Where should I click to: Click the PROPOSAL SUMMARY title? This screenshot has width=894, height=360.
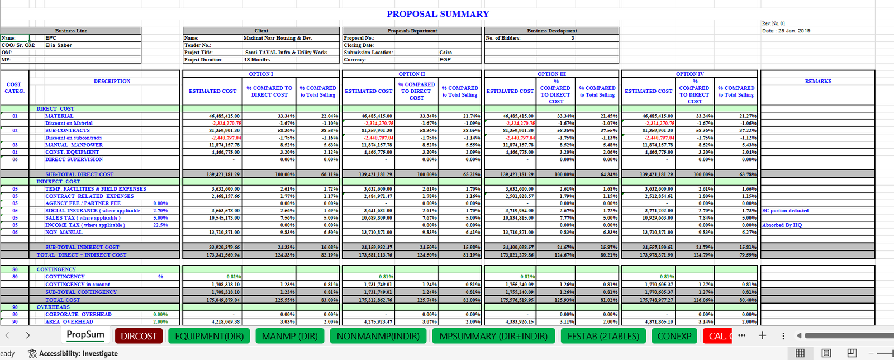pyautogui.click(x=438, y=14)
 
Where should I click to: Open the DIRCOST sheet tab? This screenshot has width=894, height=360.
pyautogui.click(x=139, y=336)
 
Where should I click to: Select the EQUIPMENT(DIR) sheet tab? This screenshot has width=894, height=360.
pyautogui.click(x=210, y=336)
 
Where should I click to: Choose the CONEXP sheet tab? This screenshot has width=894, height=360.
pyautogui.click(x=674, y=336)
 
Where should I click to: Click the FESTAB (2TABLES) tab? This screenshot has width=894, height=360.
pyautogui.click(x=603, y=336)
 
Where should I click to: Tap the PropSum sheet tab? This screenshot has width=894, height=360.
pyautogui.click(x=85, y=335)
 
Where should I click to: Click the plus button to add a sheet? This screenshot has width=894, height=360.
pyautogui.click(x=762, y=335)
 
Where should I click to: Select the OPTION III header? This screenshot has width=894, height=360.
pyautogui.click(x=551, y=74)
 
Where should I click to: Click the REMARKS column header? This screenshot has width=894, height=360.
pyautogui.click(x=818, y=82)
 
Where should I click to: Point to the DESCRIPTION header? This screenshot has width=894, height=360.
pyautogui.click(x=112, y=82)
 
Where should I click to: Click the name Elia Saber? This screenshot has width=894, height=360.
pyautogui.click(x=59, y=45)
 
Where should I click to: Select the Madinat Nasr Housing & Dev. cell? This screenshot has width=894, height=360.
pyautogui.click(x=278, y=38)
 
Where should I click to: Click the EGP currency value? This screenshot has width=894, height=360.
pyautogui.click(x=445, y=60)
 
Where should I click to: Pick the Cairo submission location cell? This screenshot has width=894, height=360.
pyautogui.click(x=445, y=53)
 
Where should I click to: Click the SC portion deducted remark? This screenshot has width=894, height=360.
pyautogui.click(x=785, y=211)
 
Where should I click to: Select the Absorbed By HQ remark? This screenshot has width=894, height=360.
pyautogui.click(x=782, y=225)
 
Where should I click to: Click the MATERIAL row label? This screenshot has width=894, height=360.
pyautogui.click(x=59, y=116)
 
